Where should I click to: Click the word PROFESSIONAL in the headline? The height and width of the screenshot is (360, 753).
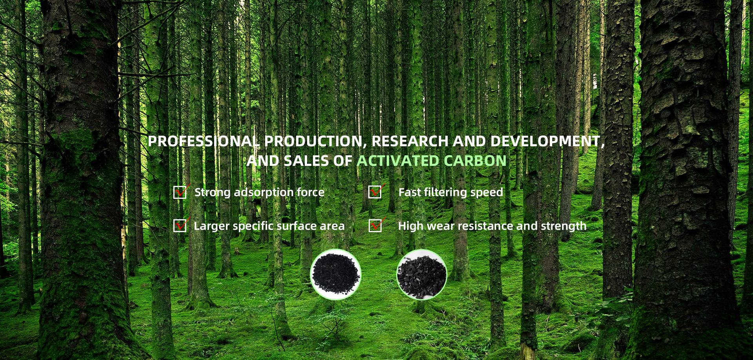tap(204, 141)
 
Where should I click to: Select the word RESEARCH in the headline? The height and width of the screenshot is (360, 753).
tap(410, 141)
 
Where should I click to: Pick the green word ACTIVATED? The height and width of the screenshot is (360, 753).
tap(398, 161)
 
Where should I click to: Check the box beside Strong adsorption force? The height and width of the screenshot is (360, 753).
tap(180, 192)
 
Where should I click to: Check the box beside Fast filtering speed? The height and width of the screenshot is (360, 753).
tap(375, 192)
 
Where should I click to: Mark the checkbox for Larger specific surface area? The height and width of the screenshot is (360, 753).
tap(180, 225)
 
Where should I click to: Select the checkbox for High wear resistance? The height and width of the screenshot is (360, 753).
tap(375, 225)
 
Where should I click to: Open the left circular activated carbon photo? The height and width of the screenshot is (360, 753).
tap(335, 275)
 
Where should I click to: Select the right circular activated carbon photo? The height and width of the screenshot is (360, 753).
tap(422, 275)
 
